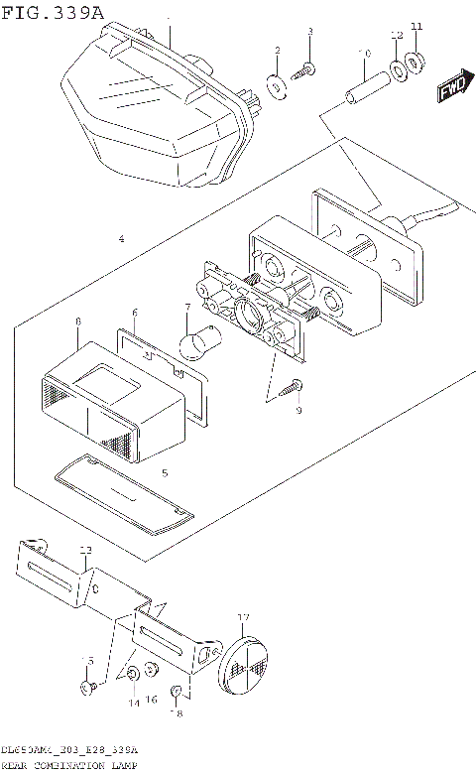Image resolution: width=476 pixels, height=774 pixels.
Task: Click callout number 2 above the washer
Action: pos(277,51)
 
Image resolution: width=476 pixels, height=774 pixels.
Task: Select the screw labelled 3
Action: pos(307,67)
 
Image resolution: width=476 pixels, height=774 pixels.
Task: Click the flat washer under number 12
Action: pos(399,71)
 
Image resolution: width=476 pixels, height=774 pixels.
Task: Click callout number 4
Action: pos(120,239)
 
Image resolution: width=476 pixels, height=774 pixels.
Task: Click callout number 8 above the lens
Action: pos(76,322)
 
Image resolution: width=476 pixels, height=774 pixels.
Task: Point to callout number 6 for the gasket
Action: pos(135,313)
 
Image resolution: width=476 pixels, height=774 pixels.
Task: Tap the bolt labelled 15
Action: pos(88,686)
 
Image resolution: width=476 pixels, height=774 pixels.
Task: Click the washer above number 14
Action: pos(133,676)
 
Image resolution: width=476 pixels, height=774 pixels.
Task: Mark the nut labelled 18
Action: pos(175,692)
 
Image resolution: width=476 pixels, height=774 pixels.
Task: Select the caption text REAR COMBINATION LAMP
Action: pos(69,766)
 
